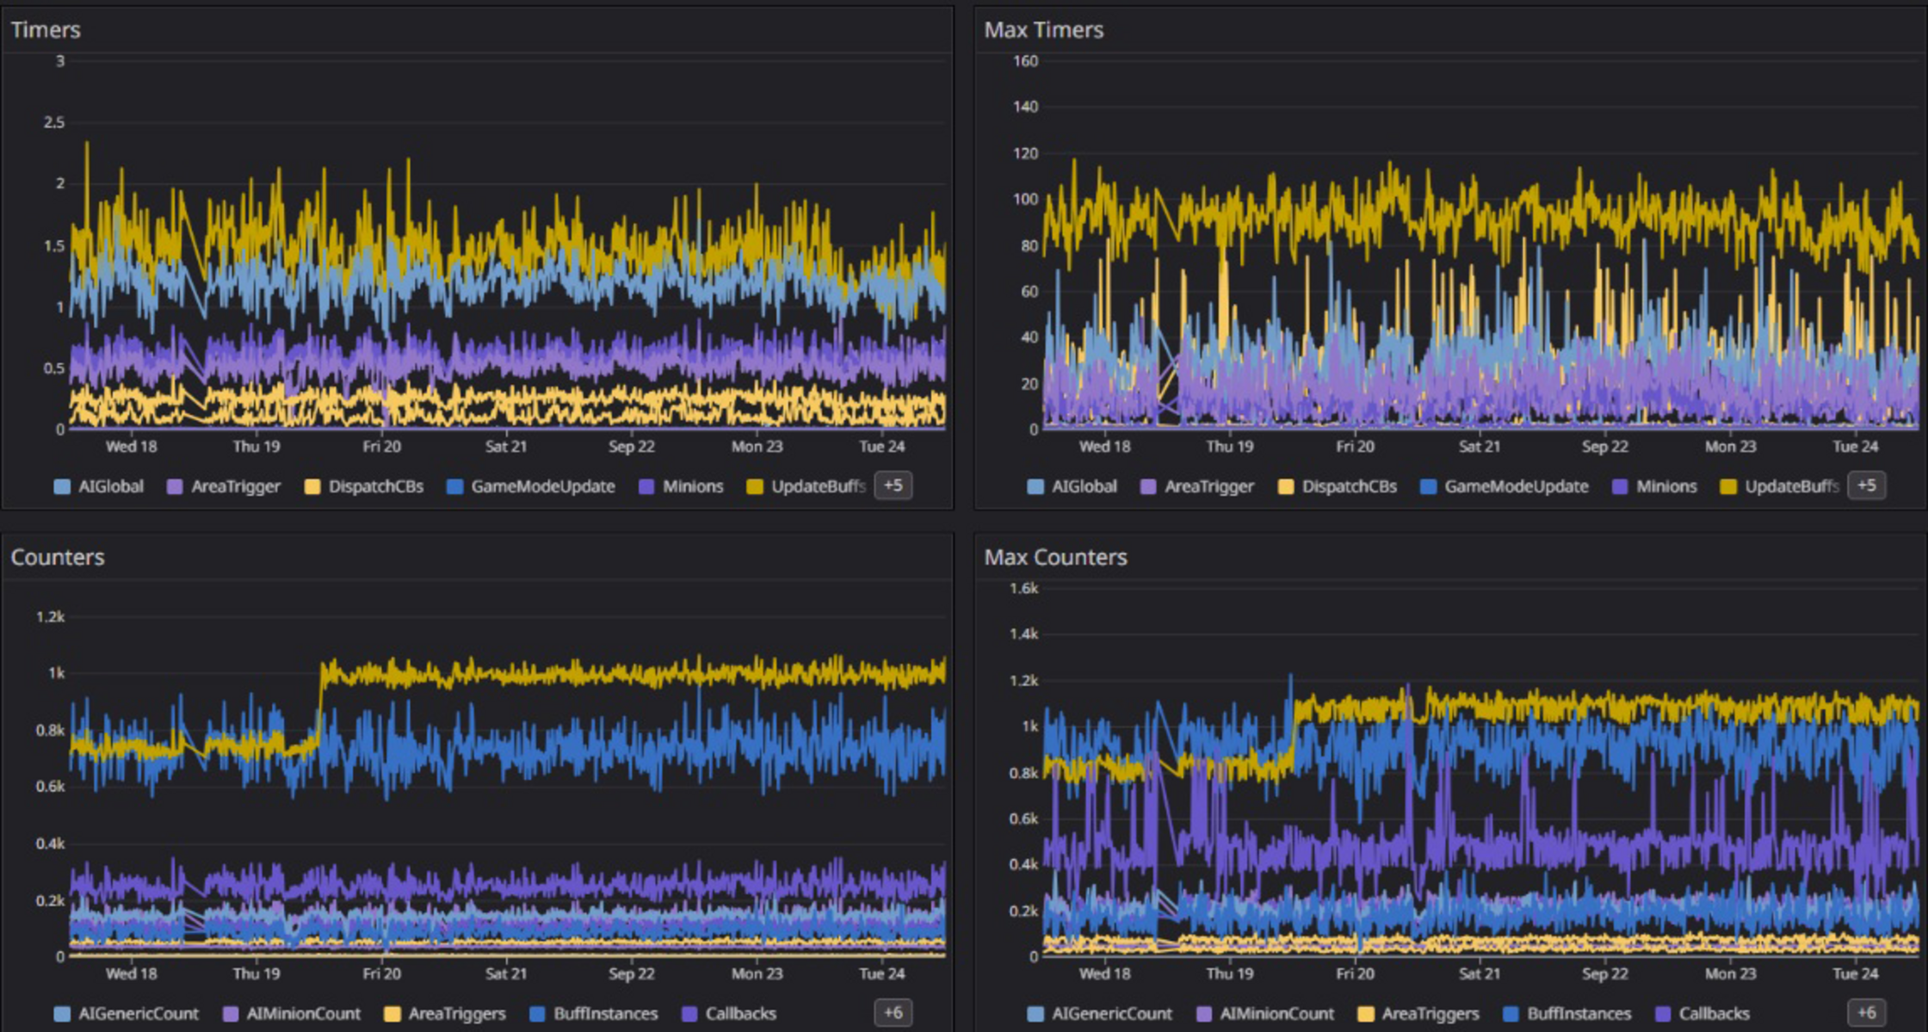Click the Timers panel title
pyautogui.click(x=45, y=30)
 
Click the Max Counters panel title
pyautogui.click(x=1054, y=557)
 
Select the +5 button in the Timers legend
pyautogui.click(x=893, y=485)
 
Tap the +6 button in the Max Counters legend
pyautogui.click(x=1865, y=1012)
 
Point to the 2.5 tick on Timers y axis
pyautogui.click(x=53, y=122)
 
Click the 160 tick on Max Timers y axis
pyautogui.click(x=1025, y=61)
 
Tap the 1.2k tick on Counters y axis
pyautogui.click(x=50, y=616)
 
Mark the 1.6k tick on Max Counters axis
pyautogui.click(x=1023, y=588)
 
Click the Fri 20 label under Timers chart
pyautogui.click(x=381, y=446)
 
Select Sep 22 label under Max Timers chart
pyautogui.click(x=1604, y=446)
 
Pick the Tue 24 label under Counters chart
pyautogui.click(x=881, y=973)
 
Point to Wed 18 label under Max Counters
pyautogui.click(x=1104, y=973)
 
